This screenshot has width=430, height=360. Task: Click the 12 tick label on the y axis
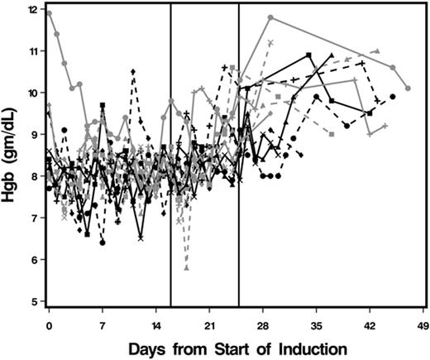click(32, 9)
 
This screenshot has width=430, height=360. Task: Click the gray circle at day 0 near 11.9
click(50, 13)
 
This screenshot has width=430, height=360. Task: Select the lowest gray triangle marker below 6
click(186, 268)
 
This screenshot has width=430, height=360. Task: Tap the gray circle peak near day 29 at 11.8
click(270, 17)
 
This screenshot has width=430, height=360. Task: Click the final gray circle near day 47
click(408, 88)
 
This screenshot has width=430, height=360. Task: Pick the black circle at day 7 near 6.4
click(103, 242)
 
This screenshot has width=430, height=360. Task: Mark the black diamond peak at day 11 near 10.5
click(133, 71)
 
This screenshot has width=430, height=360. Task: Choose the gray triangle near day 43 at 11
click(377, 51)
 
